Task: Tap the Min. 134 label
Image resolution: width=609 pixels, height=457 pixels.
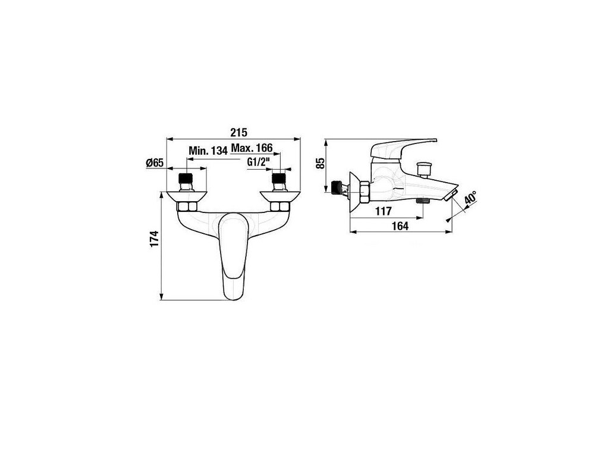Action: tap(208, 151)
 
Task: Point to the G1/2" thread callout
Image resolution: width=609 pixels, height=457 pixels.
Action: tap(259, 161)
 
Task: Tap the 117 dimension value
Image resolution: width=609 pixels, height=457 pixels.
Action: tap(384, 210)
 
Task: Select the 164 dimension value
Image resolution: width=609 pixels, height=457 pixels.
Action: tap(400, 226)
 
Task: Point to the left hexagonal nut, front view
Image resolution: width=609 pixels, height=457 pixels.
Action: tap(188, 206)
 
